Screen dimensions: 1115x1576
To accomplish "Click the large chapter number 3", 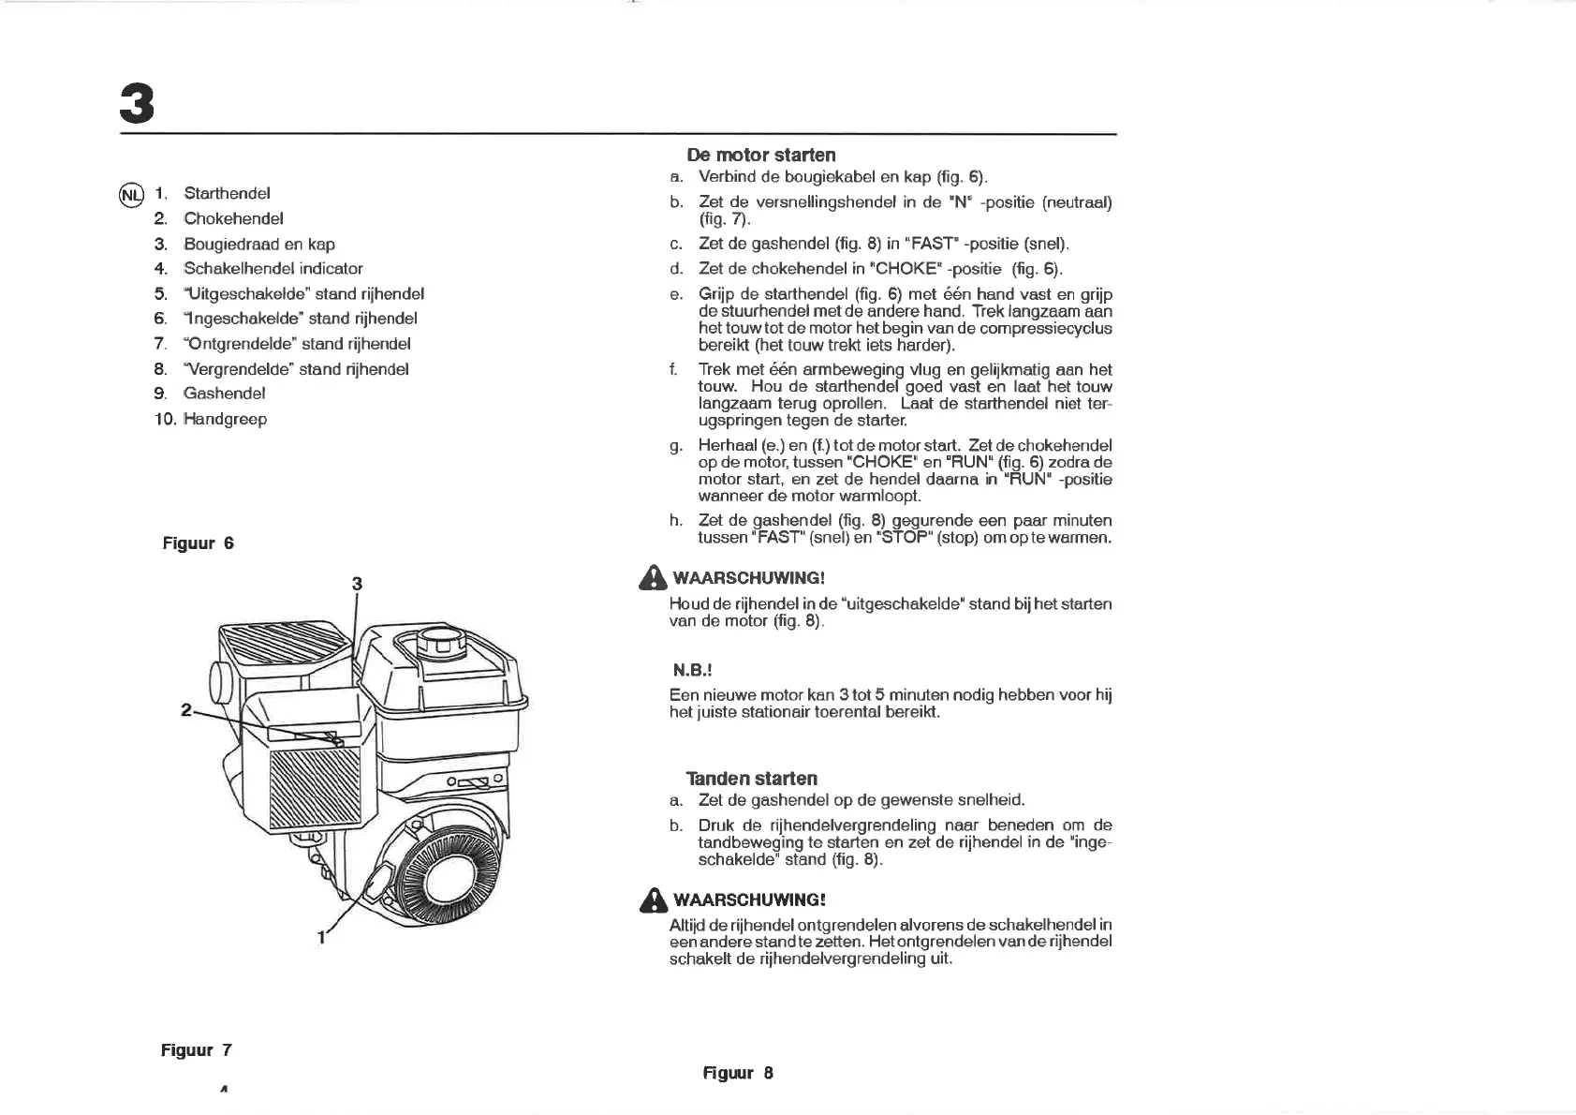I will [137, 104].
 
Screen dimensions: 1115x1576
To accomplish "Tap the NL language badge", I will [131, 194].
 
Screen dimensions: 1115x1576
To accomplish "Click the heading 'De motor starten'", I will [760, 155].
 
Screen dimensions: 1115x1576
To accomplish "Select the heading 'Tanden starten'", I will [751, 779].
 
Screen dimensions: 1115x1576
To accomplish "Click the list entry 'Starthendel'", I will [227, 194].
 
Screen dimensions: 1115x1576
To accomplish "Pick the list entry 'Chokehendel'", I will [233, 219].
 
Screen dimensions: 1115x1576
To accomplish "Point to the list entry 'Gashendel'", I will [224, 394].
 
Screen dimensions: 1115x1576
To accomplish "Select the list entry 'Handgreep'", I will [225, 419].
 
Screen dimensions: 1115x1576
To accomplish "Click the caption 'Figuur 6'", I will [198, 543].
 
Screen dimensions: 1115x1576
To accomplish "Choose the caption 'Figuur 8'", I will [738, 1073].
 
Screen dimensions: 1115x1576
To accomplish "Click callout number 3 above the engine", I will [357, 584].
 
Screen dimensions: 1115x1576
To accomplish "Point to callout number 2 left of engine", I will [185, 710].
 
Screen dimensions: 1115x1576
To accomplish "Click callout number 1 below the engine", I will [320, 937].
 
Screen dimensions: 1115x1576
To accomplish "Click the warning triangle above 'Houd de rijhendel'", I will [653, 578].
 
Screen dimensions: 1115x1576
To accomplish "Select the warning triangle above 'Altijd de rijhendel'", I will [653, 899].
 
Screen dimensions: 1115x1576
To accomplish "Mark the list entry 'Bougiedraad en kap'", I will [258, 245].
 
